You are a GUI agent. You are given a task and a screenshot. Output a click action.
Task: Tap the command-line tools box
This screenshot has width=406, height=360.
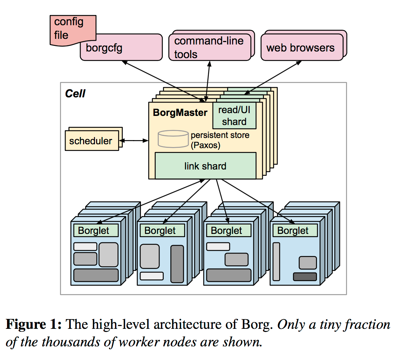point(209,47)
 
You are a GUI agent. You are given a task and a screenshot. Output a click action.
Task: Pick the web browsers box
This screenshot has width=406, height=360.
point(301,48)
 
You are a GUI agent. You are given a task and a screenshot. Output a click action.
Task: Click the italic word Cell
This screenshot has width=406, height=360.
point(75,94)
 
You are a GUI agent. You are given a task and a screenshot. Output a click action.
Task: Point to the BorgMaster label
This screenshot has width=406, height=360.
point(180,113)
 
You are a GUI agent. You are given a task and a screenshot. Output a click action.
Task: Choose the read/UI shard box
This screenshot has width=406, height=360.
point(234,116)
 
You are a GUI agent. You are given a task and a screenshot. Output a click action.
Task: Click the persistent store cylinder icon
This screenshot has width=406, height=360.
point(173,138)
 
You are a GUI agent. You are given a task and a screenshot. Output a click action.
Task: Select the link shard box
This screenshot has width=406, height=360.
point(205,166)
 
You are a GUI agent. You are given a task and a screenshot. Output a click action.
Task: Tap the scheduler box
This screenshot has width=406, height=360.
point(91,141)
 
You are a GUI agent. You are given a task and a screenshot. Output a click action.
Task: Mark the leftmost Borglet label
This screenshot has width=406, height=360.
point(94,231)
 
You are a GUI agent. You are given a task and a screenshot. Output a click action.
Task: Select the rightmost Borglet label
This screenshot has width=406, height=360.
point(293,231)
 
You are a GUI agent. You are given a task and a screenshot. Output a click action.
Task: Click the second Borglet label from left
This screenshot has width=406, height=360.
point(160,231)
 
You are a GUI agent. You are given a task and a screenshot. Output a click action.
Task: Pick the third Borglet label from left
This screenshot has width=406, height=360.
point(226,231)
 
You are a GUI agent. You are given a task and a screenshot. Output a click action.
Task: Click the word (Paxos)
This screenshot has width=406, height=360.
point(205,145)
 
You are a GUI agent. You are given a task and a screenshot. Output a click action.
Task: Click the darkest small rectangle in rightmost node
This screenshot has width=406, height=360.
point(305,276)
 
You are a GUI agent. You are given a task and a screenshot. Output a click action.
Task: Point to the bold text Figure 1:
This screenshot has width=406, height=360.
point(34,325)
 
